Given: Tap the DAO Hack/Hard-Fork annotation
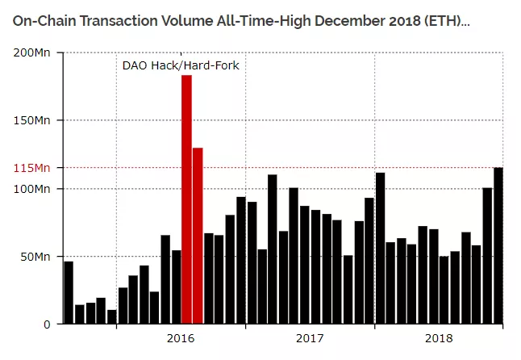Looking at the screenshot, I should pyautogui.click(x=180, y=65).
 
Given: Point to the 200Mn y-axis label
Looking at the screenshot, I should pyautogui.click(x=32, y=52).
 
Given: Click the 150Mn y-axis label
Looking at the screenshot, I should pyautogui.click(x=32, y=120).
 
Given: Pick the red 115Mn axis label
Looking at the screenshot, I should pyautogui.click(x=32, y=168).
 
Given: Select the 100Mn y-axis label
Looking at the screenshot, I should pyautogui.click(x=32, y=188).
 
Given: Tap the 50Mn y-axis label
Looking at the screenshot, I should pyautogui.click(x=35, y=257).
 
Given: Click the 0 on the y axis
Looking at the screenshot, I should pyautogui.click(x=48, y=324).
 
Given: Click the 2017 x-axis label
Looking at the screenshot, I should pyautogui.click(x=310, y=339).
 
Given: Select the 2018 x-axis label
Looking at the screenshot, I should pyautogui.click(x=439, y=339).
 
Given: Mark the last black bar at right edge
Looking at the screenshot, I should pyautogui.click(x=498, y=246).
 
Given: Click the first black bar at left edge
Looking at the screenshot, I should pyautogui.click(x=69, y=292).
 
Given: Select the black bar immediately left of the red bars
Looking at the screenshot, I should pyautogui.click(x=176, y=287).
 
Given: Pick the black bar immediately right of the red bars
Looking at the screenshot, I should pyautogui.click(x=208, y=278).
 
